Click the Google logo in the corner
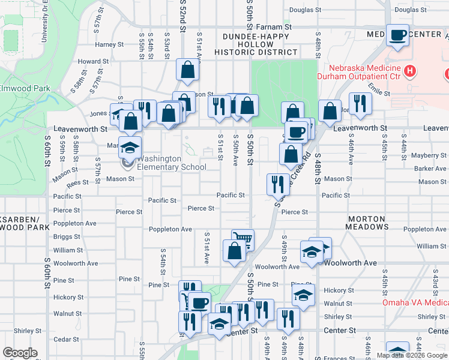pyautogui.click(x=20, y=353)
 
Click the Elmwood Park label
pyautogui.click(x=25, y=88)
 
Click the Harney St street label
pyautogui.click(x=109, y=44)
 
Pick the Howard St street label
pyautogui.click(x=93, y=61)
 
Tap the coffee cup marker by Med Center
pyautogui.click(x=397, y=35)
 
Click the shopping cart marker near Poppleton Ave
pyautogui.click(x=243, y=239)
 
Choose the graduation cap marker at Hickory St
pyautogui.click(x=303, y=295)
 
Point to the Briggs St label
pyautogui.click(x=67, y=236)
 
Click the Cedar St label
pyautogui.click(x=62, y=339)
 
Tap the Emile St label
pyautogui.click(x=379, y=89)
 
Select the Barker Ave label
pyautogui.click(x=430, y=169)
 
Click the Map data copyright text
pyautogui.click(x=412, y=355)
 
